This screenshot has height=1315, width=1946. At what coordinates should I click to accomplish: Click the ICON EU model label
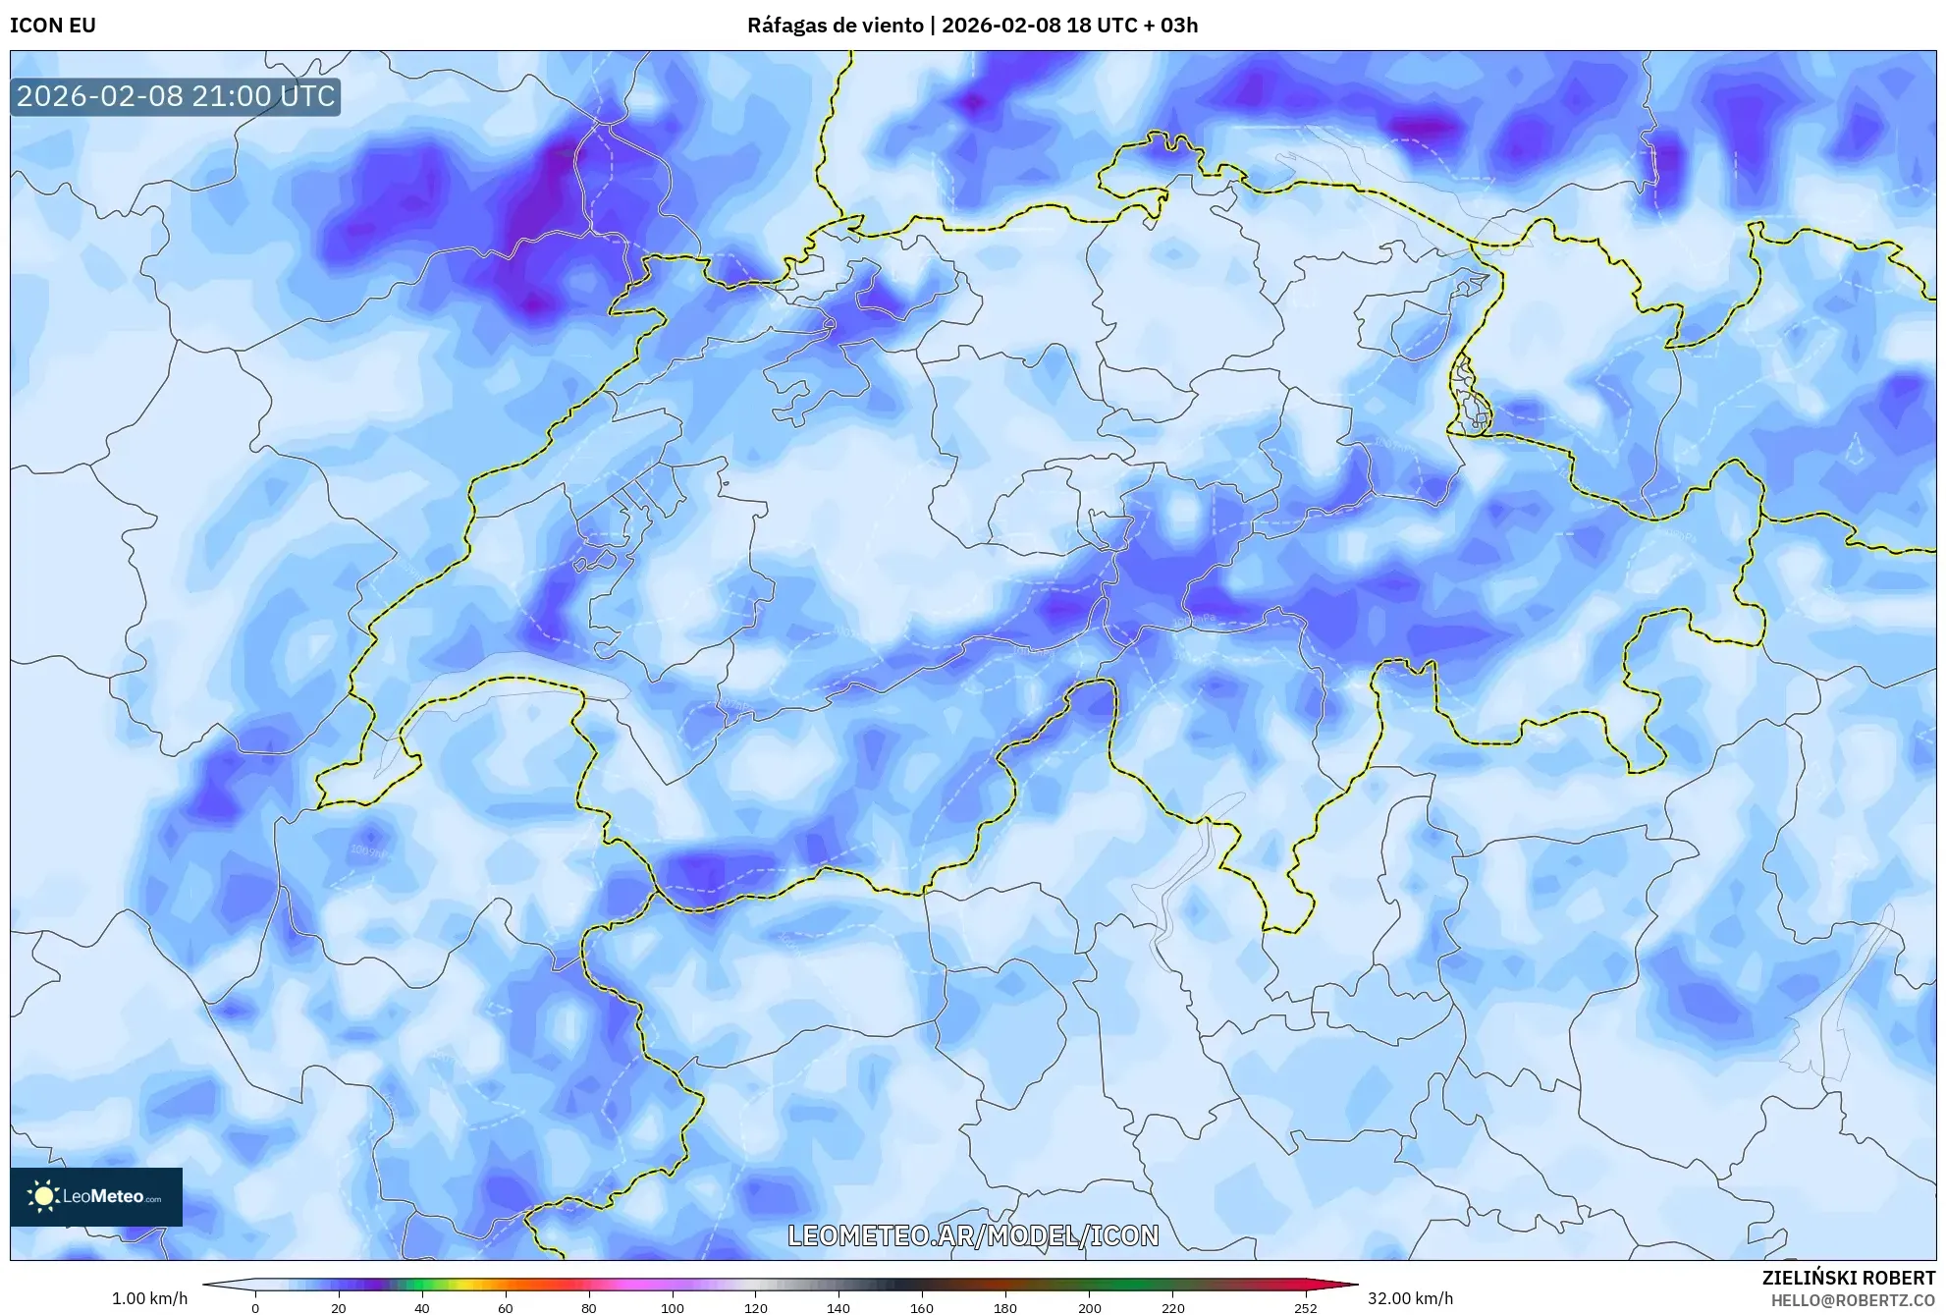point(53,26)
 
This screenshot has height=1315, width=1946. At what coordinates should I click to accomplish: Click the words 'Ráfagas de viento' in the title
point(836,26)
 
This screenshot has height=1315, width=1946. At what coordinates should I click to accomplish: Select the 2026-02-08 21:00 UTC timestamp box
point(176,96)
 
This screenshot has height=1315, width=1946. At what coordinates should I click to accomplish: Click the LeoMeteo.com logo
point(96,1196)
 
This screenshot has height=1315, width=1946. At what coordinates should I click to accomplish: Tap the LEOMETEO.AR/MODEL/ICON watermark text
point(973,1235)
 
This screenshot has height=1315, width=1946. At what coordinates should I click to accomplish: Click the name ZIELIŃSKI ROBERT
point(1848,1278)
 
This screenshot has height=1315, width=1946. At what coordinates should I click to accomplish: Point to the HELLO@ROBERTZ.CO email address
point(1853,1300)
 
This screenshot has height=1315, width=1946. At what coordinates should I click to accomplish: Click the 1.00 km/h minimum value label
point(149,1298)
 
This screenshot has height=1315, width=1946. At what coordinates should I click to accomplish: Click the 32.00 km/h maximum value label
point(1410,1298)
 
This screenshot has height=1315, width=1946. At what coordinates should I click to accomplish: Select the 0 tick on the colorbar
point(255,1308)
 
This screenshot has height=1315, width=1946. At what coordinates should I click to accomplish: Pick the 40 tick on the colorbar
point(422,1308)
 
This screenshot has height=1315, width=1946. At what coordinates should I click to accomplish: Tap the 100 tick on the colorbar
point(673,1308)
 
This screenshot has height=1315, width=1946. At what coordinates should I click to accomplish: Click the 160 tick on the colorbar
point(922,1308)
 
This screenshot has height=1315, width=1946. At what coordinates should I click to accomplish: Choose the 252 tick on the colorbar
point(1305,1308)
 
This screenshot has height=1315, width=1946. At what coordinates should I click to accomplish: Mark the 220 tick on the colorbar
point(1172,1308)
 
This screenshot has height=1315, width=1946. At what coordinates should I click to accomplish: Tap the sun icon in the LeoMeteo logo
point(42,1196)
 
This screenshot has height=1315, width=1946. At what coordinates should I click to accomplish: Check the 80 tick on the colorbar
point(589,1308)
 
